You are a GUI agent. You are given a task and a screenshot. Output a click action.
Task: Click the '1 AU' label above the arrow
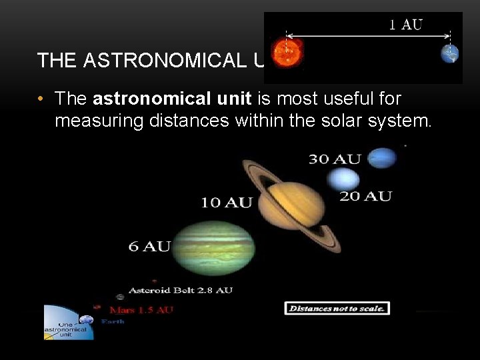(x=405, y=25)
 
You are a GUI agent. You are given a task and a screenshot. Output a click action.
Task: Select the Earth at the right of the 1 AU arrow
(x=450, y=53)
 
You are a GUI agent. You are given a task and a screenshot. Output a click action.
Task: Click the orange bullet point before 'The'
(x=41, y=99)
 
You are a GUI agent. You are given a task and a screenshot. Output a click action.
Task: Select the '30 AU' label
(x=334, y=159)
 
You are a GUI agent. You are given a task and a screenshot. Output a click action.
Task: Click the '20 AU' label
(x=365, y=196)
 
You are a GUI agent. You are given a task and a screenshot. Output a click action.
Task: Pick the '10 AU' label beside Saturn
(x=227, y=203)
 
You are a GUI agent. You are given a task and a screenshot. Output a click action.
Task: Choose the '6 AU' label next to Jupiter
(x=149, y=246)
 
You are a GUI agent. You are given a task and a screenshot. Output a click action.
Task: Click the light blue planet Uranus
(x=343, y=179)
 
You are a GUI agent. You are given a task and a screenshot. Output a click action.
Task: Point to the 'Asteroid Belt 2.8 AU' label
(x=180, y=290)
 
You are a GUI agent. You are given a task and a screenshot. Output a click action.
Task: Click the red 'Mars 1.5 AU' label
(x=141, y=310)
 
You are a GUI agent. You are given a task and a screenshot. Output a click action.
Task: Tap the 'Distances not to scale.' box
(x=337, y=308)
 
